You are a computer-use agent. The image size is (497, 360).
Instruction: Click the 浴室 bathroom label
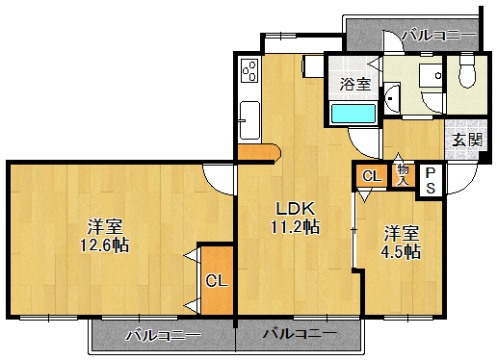(354, 85)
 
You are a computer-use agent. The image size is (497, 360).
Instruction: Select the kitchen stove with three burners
(248, 73)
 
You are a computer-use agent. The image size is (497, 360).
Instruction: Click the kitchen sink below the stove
(248, 120)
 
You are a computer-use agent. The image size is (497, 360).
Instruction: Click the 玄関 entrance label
(467, 139)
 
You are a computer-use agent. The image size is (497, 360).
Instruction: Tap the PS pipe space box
(430, 180)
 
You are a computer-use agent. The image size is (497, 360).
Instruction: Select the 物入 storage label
(403, 174)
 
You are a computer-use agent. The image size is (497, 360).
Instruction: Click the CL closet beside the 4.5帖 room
(371, 176)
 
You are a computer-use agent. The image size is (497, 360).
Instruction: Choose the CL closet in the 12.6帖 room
(217, 281)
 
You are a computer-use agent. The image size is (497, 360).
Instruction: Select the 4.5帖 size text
(402, 252)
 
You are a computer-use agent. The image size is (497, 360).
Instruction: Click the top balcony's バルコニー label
(439, 36)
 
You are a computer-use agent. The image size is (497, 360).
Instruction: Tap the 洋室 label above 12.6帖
(105, 226)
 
